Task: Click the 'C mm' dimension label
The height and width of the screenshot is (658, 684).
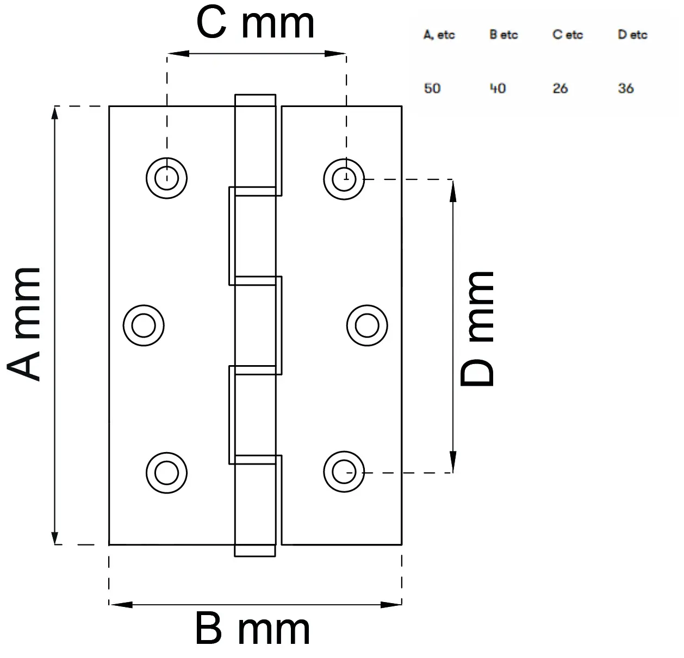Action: pos(255,23)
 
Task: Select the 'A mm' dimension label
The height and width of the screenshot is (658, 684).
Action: pos(24,324)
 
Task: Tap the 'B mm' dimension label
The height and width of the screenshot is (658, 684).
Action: pos(252,629)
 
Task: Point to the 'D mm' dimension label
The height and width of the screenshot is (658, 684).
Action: pos(477,329)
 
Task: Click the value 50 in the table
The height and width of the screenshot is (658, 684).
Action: pos(432,88)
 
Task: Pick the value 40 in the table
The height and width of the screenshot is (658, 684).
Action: pos(498,88)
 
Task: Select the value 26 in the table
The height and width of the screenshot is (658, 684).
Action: pos(560,88)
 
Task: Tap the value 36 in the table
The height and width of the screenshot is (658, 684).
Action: pos(626,88)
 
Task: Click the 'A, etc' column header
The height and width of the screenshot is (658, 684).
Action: pos(439,35)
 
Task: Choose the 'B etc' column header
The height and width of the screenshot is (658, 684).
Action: pos(503,35)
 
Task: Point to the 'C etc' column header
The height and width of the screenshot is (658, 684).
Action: pos(568,35)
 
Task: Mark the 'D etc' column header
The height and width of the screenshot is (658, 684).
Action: pos(632,35)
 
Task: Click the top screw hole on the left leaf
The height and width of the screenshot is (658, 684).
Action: pos(166,178)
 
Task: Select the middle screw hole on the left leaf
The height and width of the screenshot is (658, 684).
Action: pos(144,325)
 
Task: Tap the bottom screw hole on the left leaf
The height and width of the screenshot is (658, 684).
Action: pos(166,472)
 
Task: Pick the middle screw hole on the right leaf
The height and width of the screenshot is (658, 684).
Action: pos(367,325)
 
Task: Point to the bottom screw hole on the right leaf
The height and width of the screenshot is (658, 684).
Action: pos(344,472)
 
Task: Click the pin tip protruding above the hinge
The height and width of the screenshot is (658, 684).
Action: pos(255,101)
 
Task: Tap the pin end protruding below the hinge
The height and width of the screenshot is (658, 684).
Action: pos(255,550)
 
